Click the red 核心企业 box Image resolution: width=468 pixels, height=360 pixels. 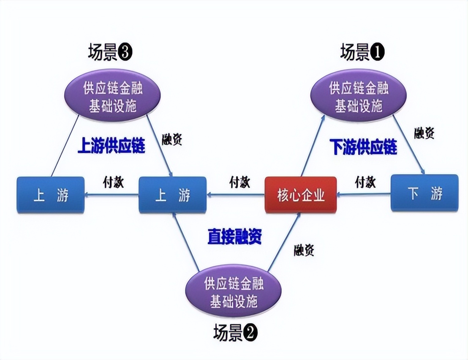pyautogui.click(x=300, y=195)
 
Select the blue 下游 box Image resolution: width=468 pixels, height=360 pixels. pyautogui.click(x=424, y=193)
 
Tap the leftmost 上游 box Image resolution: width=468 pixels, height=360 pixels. pyautogui.click(x=51, y=195)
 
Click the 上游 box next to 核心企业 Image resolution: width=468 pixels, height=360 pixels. pyautogui.click(x=172, y=195)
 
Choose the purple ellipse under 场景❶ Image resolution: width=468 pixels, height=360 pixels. pyautogui.click(x=359, y=97)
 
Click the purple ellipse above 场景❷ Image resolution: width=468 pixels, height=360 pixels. pyautogui.click(x=234, y=292)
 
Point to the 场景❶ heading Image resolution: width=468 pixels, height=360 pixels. pyautogui.click(x=362, y=53)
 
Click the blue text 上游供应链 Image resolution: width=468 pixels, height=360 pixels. pyautogui.click(x=111, y=146)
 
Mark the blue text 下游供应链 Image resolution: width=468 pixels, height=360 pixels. pyautogui.click(x=363, y=147)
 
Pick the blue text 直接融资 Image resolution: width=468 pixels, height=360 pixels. pyautogui.click(x=234, y=237)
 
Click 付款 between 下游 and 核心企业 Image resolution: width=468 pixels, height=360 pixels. pyautogui.click(x=365, y=182)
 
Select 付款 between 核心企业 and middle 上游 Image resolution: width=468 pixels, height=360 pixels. pyautogui.click(x=239, y=182)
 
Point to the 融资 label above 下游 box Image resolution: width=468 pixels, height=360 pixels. pyautogui.click(x=424, y=133)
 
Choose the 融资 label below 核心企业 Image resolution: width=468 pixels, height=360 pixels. pyautogui.click(x=304, y=250)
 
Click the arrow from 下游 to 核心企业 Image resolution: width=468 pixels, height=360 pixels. pyautogui.click(x=364, y=194)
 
